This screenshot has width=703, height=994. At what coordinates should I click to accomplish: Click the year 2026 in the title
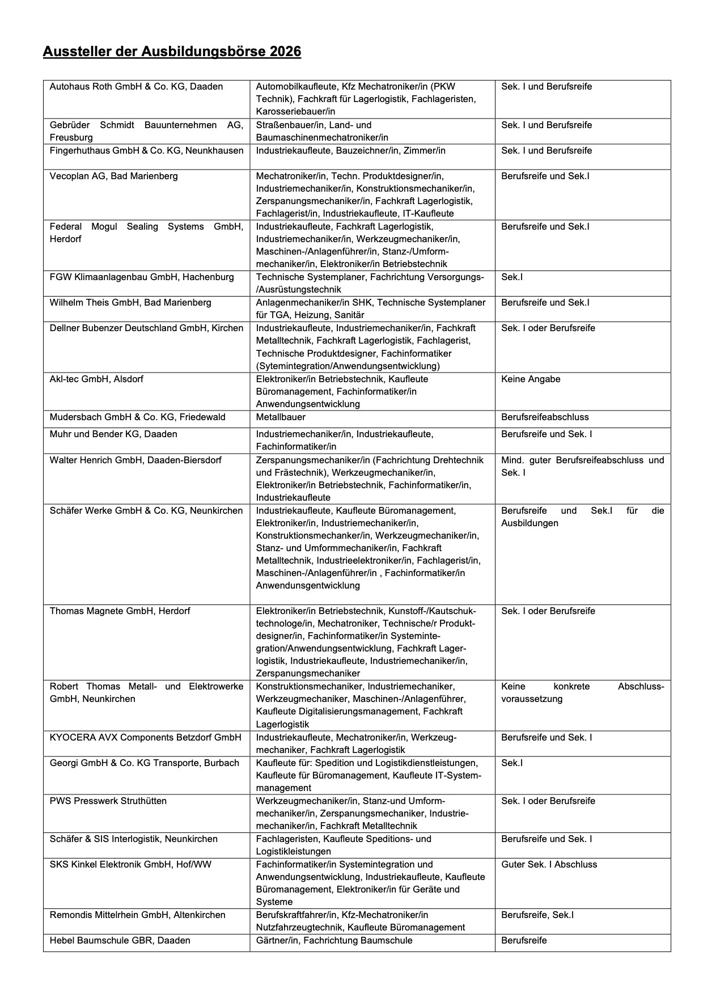tap(285, 52)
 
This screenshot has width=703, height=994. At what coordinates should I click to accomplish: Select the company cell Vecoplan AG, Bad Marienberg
tap(113, 176)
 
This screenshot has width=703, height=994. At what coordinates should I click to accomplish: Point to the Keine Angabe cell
tap(530, 379)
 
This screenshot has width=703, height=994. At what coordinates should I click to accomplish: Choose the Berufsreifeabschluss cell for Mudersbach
tap(544, 417)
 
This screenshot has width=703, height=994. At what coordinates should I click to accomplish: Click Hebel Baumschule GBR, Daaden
tap(120, 940)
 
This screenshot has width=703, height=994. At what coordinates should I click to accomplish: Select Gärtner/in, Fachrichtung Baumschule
tap(334, 940)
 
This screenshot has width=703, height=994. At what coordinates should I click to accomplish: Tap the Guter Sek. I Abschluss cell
tap(549, 864)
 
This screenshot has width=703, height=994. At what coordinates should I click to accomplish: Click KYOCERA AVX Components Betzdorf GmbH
tap(145, 737)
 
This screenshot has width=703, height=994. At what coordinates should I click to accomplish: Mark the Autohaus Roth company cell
tap(136, 86)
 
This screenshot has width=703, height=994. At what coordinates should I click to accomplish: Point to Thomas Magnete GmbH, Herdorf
tap(120, 611)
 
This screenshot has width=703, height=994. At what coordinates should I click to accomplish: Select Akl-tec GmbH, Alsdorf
tap(96, 379)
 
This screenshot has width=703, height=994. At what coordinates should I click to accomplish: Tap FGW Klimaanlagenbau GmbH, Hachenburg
tap(142, 277)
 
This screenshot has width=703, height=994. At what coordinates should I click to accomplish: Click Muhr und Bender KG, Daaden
tap(113, 434)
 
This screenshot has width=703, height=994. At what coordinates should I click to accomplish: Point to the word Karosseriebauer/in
tap(295, 111)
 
